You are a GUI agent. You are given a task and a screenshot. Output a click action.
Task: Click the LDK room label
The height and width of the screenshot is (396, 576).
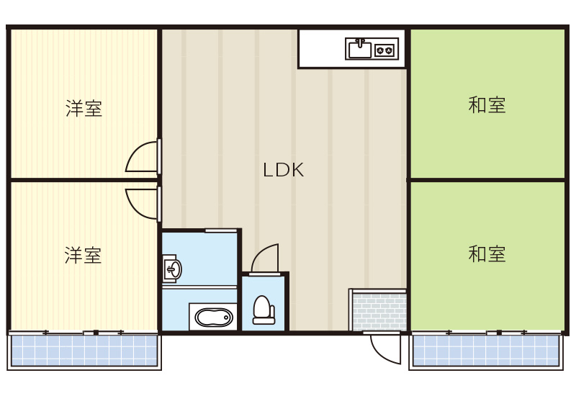pyautogui.click(x=283, y=171)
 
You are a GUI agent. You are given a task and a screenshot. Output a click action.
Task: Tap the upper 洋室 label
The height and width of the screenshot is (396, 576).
pyautogui.click(x=84, y=109)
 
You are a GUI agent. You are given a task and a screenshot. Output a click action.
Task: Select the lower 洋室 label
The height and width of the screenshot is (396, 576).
pyautogui.click(x=83, y=255)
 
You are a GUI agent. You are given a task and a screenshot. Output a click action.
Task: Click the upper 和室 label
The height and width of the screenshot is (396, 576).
pyautogui.click(x=487, y=105)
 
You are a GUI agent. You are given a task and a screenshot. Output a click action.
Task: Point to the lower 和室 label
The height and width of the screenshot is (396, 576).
pyautogui.click(x=487, y=253)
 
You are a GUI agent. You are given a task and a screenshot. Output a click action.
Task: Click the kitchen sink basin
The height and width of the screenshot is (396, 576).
pyautogui.click(x=359, y=50)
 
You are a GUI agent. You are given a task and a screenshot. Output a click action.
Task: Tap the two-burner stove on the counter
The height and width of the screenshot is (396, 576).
pyautogui.click(x=385, y=50)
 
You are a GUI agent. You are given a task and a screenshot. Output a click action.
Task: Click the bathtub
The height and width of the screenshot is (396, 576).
pyautogui.click(x=214, y=317)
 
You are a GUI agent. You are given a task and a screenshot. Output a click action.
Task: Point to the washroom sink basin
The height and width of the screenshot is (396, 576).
pyautogui.click(x=174, y=269)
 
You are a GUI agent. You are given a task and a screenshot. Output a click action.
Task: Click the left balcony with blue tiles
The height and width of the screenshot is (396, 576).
pyautogui.click(x=84, y=351)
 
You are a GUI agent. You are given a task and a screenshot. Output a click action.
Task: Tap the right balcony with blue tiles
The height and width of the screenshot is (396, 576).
pyautogui.click(x=487, y=351)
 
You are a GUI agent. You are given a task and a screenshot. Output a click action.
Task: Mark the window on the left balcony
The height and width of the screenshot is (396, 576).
pyautogui.click(x=84, y=333)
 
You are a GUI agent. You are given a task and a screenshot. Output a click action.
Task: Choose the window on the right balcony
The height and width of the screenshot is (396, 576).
pyautogui.click(x=487, y=333)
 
